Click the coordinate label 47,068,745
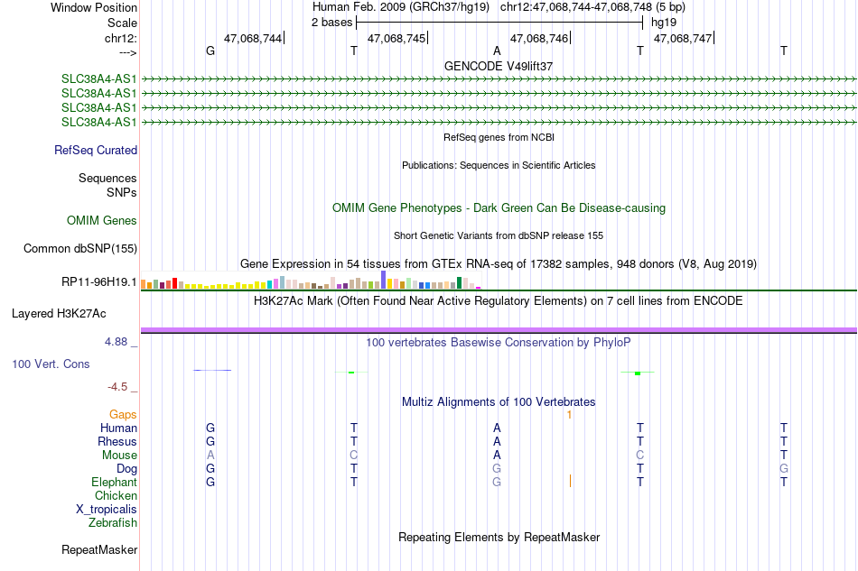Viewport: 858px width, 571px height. [396, 38]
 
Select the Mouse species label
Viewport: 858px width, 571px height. [119, 456]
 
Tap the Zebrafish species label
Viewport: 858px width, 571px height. [113, 523]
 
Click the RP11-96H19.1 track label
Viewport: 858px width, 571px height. [99, 282]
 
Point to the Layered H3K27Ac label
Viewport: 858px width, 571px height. [59, 314]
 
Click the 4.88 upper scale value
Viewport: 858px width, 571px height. [116, 342]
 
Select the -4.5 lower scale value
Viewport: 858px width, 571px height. [117, 387]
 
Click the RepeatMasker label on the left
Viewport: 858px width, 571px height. [99, 549]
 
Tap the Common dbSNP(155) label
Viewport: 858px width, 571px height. [80, 249]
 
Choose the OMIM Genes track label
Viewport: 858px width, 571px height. [102, 220]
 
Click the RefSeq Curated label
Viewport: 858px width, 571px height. [96, 151]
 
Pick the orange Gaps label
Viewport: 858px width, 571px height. [123, 415]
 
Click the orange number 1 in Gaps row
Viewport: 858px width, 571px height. [569, 415]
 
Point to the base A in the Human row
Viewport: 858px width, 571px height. [497, 428]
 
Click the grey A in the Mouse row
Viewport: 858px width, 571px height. [210, 456]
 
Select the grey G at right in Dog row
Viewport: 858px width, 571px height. [784, 469]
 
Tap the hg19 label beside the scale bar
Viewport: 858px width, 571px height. [664, 23]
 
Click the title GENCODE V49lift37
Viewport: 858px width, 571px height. [499, 66]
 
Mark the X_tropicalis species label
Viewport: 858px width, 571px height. [107, 510]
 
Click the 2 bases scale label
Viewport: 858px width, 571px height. [332, 23]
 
